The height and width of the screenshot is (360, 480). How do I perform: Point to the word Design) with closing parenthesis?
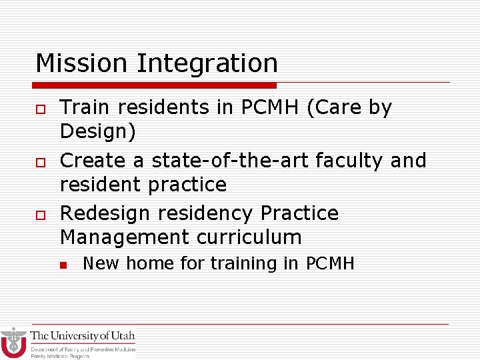coord(98,132)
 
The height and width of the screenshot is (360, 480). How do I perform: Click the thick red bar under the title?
coord(155,85)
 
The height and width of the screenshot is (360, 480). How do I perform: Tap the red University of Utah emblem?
coord(13,343)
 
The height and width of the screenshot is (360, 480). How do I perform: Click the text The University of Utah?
coord(83,336)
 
